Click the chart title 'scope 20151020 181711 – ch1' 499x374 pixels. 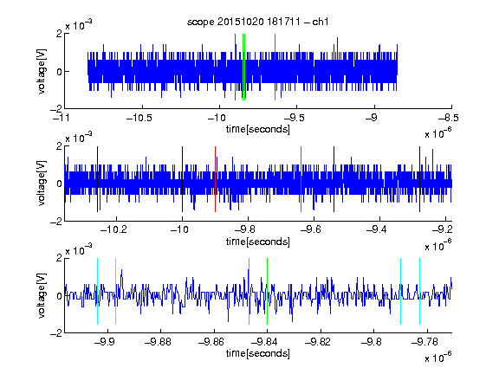click(x=258, y=22)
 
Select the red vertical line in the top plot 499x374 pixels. click(x=235, y=68)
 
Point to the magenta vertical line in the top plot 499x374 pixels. click(x=275, y=68)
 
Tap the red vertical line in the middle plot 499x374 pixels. click(x=215, y=179)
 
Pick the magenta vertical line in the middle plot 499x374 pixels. click(x=301, y=179)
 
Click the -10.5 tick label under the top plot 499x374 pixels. click(x=139, y=118)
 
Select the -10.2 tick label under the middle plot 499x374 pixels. click(x=113, y=229)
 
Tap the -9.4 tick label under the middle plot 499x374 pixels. click(x=377, y=229)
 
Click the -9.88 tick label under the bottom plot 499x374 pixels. click(x=158, y=342)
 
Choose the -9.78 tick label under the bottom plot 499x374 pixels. click(x=424, y=342)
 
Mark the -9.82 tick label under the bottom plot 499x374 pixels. click(x=318, y=342)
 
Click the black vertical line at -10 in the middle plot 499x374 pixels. click(x=182, y=179)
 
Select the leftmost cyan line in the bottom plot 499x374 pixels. click(x=97, y=291)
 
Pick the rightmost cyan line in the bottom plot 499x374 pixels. click(x=420, y=291)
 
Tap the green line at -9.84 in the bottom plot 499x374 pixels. click(x=267, y=291)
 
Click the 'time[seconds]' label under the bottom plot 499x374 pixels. click(x=258, y=353)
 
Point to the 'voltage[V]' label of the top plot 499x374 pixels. click(x=42, y=71)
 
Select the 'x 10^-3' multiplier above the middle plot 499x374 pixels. click(x=79, y=138)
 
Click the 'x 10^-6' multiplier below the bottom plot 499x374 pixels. click(x=438, y=358)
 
